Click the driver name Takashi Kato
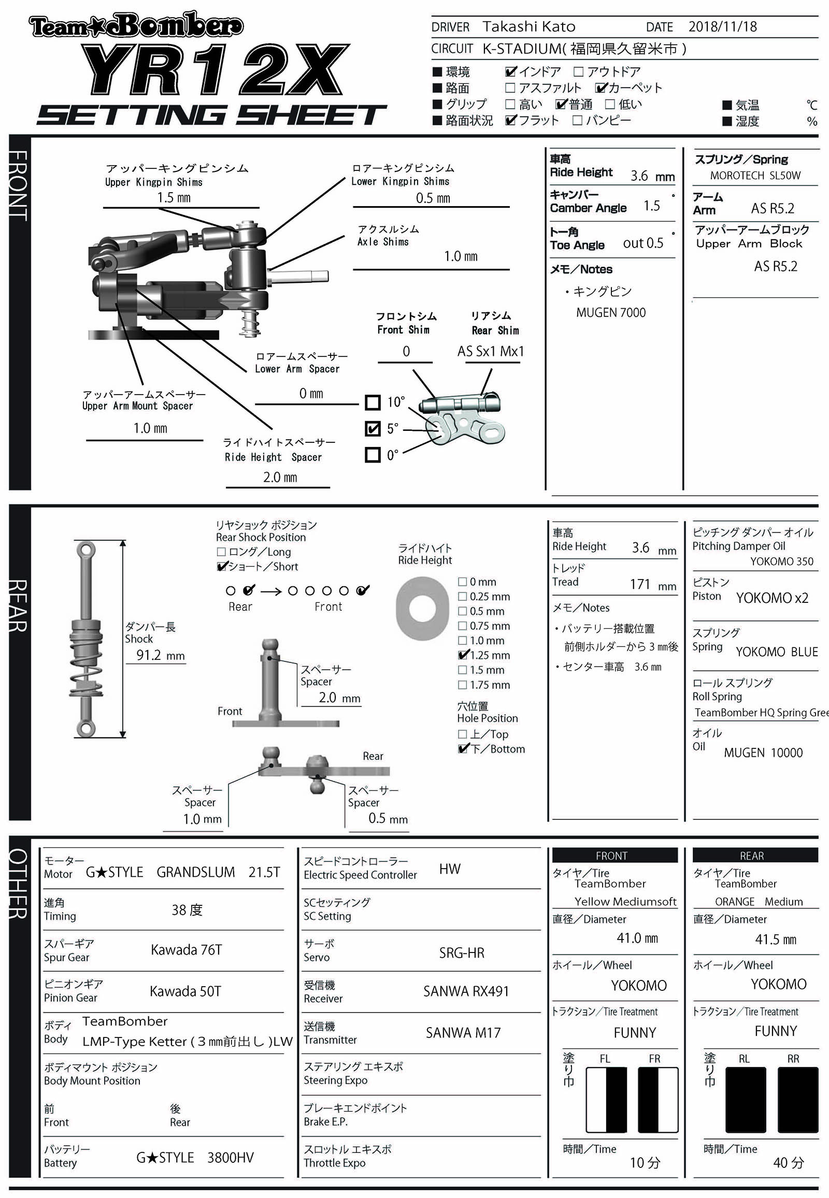528,26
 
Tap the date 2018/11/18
722,26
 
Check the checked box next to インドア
510,71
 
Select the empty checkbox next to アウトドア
578,71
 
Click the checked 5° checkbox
373,428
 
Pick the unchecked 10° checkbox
373,402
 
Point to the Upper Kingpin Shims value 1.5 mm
174,198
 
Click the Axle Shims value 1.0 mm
460,256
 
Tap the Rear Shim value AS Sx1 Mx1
490,352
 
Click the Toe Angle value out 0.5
642,243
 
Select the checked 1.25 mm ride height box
463,655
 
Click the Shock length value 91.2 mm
160,655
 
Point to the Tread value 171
640,584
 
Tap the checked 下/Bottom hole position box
463,748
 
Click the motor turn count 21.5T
264,872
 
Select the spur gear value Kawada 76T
186,950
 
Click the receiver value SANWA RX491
465,991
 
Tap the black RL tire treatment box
745,1100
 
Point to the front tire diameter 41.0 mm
637,939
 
